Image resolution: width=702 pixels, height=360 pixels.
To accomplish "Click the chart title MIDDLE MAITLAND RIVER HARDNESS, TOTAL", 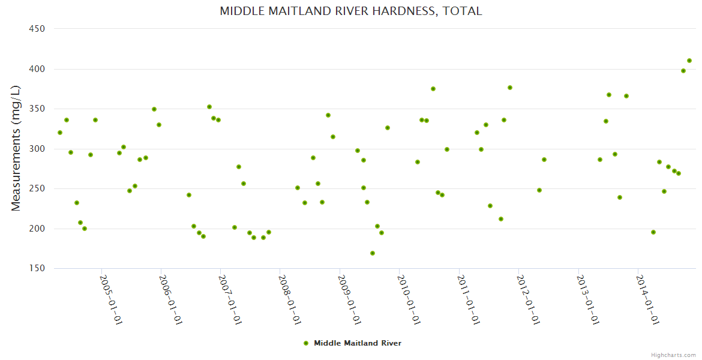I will click(x=350, y=11).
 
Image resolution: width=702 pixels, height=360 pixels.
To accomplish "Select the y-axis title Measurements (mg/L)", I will click(x=16, y=148).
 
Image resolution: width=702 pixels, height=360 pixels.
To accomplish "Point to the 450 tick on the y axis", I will click(x=38, y=29).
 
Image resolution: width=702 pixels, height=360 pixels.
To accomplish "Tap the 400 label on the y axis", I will click(x=38, y=69).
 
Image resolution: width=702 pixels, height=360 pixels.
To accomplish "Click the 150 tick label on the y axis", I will click(x=38, y=269).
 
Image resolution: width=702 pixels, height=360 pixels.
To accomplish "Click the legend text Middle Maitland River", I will click(x=358, y=343).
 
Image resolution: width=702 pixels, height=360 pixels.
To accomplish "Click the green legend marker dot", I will click(x=306, y=343).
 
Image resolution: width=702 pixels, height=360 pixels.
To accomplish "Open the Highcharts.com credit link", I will click(x=673, y=355).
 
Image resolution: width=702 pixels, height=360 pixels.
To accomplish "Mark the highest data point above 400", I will click(x=689, y=61).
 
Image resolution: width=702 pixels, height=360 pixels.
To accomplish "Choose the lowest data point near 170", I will click(x=373, y=253).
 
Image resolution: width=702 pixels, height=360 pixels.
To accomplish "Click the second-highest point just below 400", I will click(x=683, y=71).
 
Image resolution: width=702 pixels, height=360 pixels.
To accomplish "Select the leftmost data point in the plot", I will click(x=60, y=133).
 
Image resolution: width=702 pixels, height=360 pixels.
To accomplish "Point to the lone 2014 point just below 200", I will click(x=653, y=232).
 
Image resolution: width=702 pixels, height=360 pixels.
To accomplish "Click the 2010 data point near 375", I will click(x=433, y=89).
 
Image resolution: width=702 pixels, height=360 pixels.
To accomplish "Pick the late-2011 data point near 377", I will click(x=510, y=88).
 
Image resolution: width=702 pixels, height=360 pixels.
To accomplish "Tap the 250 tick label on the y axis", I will click(x=38, y=189).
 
